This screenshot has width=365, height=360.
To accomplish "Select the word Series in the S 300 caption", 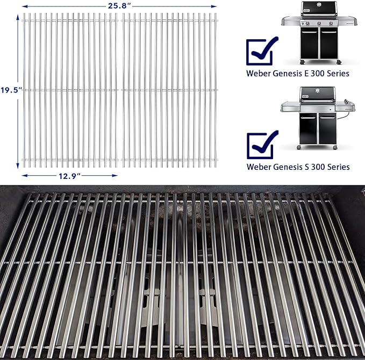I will (337, 167).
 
